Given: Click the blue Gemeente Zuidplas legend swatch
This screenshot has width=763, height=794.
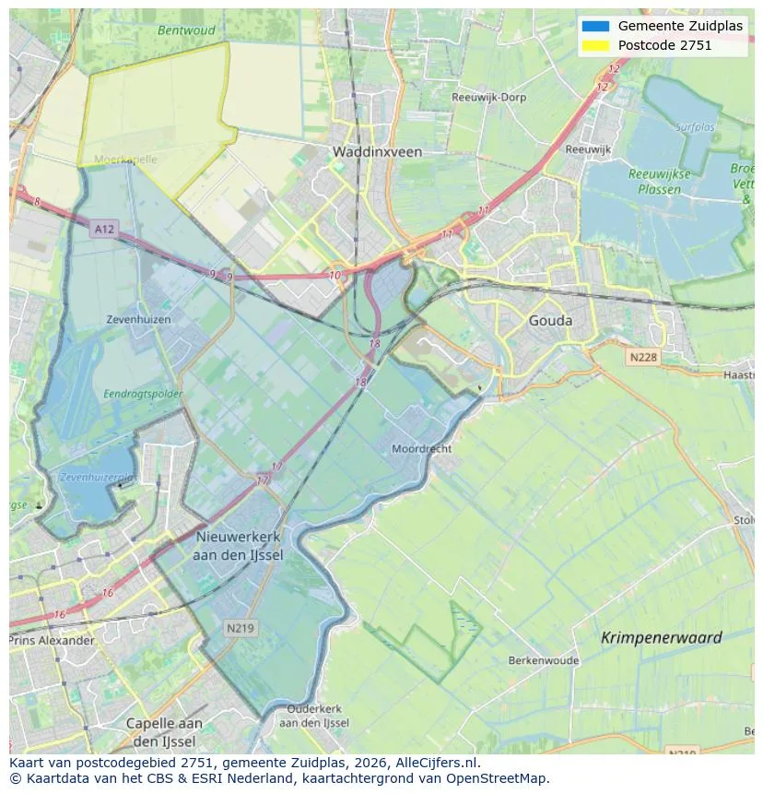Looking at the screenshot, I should (595, 26).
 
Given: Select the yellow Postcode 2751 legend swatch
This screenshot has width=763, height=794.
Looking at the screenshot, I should (595, 45).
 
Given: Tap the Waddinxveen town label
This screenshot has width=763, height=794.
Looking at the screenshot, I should (377, 152).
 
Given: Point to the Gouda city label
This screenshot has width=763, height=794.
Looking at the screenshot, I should (550, 321).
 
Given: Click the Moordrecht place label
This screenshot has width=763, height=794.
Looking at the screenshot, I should (421, 448).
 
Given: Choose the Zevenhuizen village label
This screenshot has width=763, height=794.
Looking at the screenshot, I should (139, 319).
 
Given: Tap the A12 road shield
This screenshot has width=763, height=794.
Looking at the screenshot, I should (104, 228).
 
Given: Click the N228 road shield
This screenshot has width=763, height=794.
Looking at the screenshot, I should (643, 357).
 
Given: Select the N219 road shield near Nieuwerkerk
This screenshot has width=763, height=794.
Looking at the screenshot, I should (241, 628).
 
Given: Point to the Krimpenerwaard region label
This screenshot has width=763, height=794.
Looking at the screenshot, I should (661, 637).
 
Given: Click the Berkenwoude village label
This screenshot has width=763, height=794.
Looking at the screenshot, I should (543, 660).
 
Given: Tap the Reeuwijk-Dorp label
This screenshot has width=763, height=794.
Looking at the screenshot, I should (487, 97).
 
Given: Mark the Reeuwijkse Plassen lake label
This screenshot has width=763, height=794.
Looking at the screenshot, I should (654, 182).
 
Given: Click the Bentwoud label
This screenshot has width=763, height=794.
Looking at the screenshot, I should (186, 30).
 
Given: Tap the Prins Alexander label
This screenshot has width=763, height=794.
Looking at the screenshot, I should (53, 640).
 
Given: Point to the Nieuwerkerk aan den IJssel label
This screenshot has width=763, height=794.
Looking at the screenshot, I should (239, 546).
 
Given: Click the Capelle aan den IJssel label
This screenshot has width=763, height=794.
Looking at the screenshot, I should (164, 732).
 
